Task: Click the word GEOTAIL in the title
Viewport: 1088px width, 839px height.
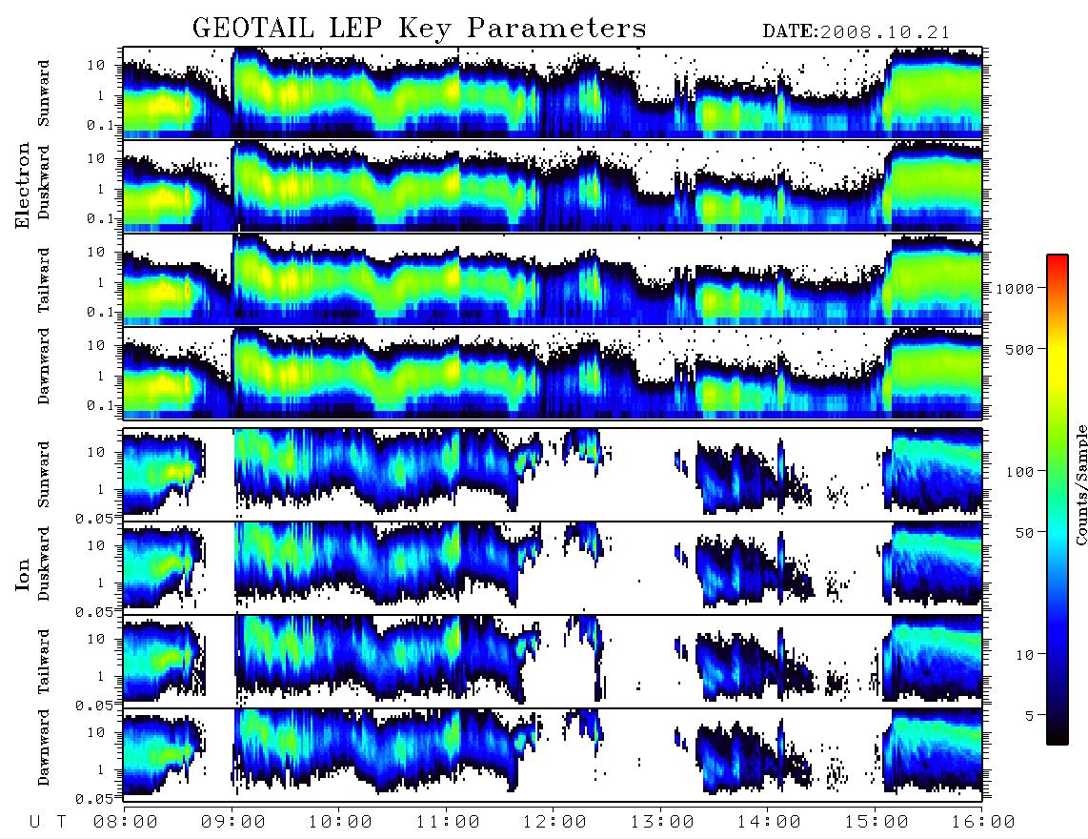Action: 253,29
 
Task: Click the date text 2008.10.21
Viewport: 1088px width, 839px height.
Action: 884,32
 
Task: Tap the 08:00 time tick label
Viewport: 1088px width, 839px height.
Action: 126,822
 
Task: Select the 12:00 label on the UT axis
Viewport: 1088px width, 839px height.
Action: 554,822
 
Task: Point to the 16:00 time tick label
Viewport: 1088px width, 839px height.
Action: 983,822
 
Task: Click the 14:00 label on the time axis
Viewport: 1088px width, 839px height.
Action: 769,822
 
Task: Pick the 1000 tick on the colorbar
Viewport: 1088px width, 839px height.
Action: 1015,288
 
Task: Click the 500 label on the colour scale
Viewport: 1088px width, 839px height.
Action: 1019,349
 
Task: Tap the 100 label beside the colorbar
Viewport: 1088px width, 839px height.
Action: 1019,472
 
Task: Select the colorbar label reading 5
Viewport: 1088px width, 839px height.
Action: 1029,715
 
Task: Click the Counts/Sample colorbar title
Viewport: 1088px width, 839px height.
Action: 1080,484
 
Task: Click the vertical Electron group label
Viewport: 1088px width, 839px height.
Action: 23,185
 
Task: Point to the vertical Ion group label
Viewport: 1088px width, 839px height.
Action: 23,574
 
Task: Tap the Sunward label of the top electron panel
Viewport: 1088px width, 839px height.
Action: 43,93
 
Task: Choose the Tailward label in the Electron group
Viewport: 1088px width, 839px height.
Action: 43,279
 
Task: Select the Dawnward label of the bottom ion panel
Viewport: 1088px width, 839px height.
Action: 43,747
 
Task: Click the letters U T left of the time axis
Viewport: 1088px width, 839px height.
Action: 48,822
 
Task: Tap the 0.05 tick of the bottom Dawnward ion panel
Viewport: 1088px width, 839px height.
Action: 93,799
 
